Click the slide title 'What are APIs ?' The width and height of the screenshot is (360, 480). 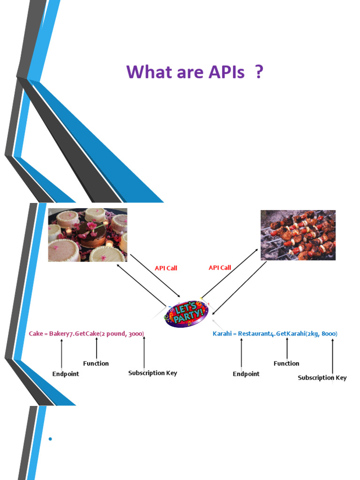(194, 73)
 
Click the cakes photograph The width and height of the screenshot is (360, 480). (88, 235)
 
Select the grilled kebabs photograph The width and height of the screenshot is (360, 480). (298, 235)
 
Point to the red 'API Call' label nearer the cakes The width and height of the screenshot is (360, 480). (166, 269)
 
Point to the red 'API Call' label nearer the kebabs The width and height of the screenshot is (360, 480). (219, 268)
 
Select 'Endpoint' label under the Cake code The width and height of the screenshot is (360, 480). (66, 374)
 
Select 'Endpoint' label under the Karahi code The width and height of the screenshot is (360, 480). (246, 374)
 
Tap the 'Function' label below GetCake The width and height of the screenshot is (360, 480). (96, 364)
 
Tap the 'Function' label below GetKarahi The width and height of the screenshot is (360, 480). (286, 364)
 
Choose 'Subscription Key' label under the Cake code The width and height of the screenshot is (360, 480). (153, 373)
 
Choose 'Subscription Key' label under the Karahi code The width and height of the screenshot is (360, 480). (322, 378)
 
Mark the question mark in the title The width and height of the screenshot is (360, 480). (258, 73)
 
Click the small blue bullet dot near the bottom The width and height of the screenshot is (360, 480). (50, 439)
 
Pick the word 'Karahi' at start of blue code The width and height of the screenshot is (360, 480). (223, 334)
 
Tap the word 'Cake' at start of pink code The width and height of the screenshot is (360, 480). (36, 334)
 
